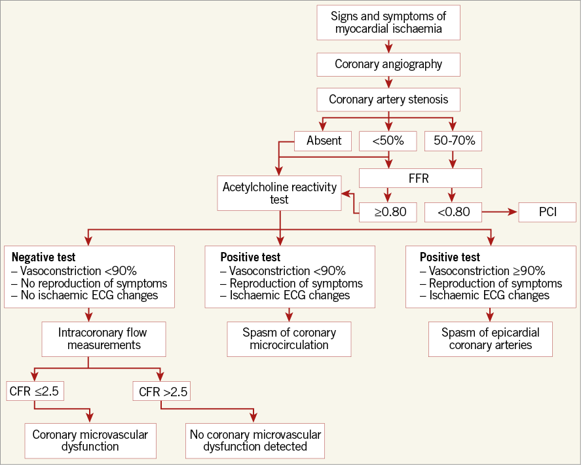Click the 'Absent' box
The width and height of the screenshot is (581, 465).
click(324, 141)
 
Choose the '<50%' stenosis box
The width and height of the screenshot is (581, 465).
click(388, 141)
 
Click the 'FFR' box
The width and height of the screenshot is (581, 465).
click(421, 177)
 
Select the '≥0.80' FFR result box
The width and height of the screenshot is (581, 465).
click(388, 212)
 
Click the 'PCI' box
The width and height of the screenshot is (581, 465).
click(547, 212)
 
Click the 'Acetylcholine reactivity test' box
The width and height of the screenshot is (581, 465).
click(280, 193)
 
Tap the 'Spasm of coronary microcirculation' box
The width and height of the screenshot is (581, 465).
click(289, 339)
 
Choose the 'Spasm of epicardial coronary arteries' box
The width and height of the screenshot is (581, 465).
click(490, 339)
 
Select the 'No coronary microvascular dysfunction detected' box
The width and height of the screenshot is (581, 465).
click(255, 440)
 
